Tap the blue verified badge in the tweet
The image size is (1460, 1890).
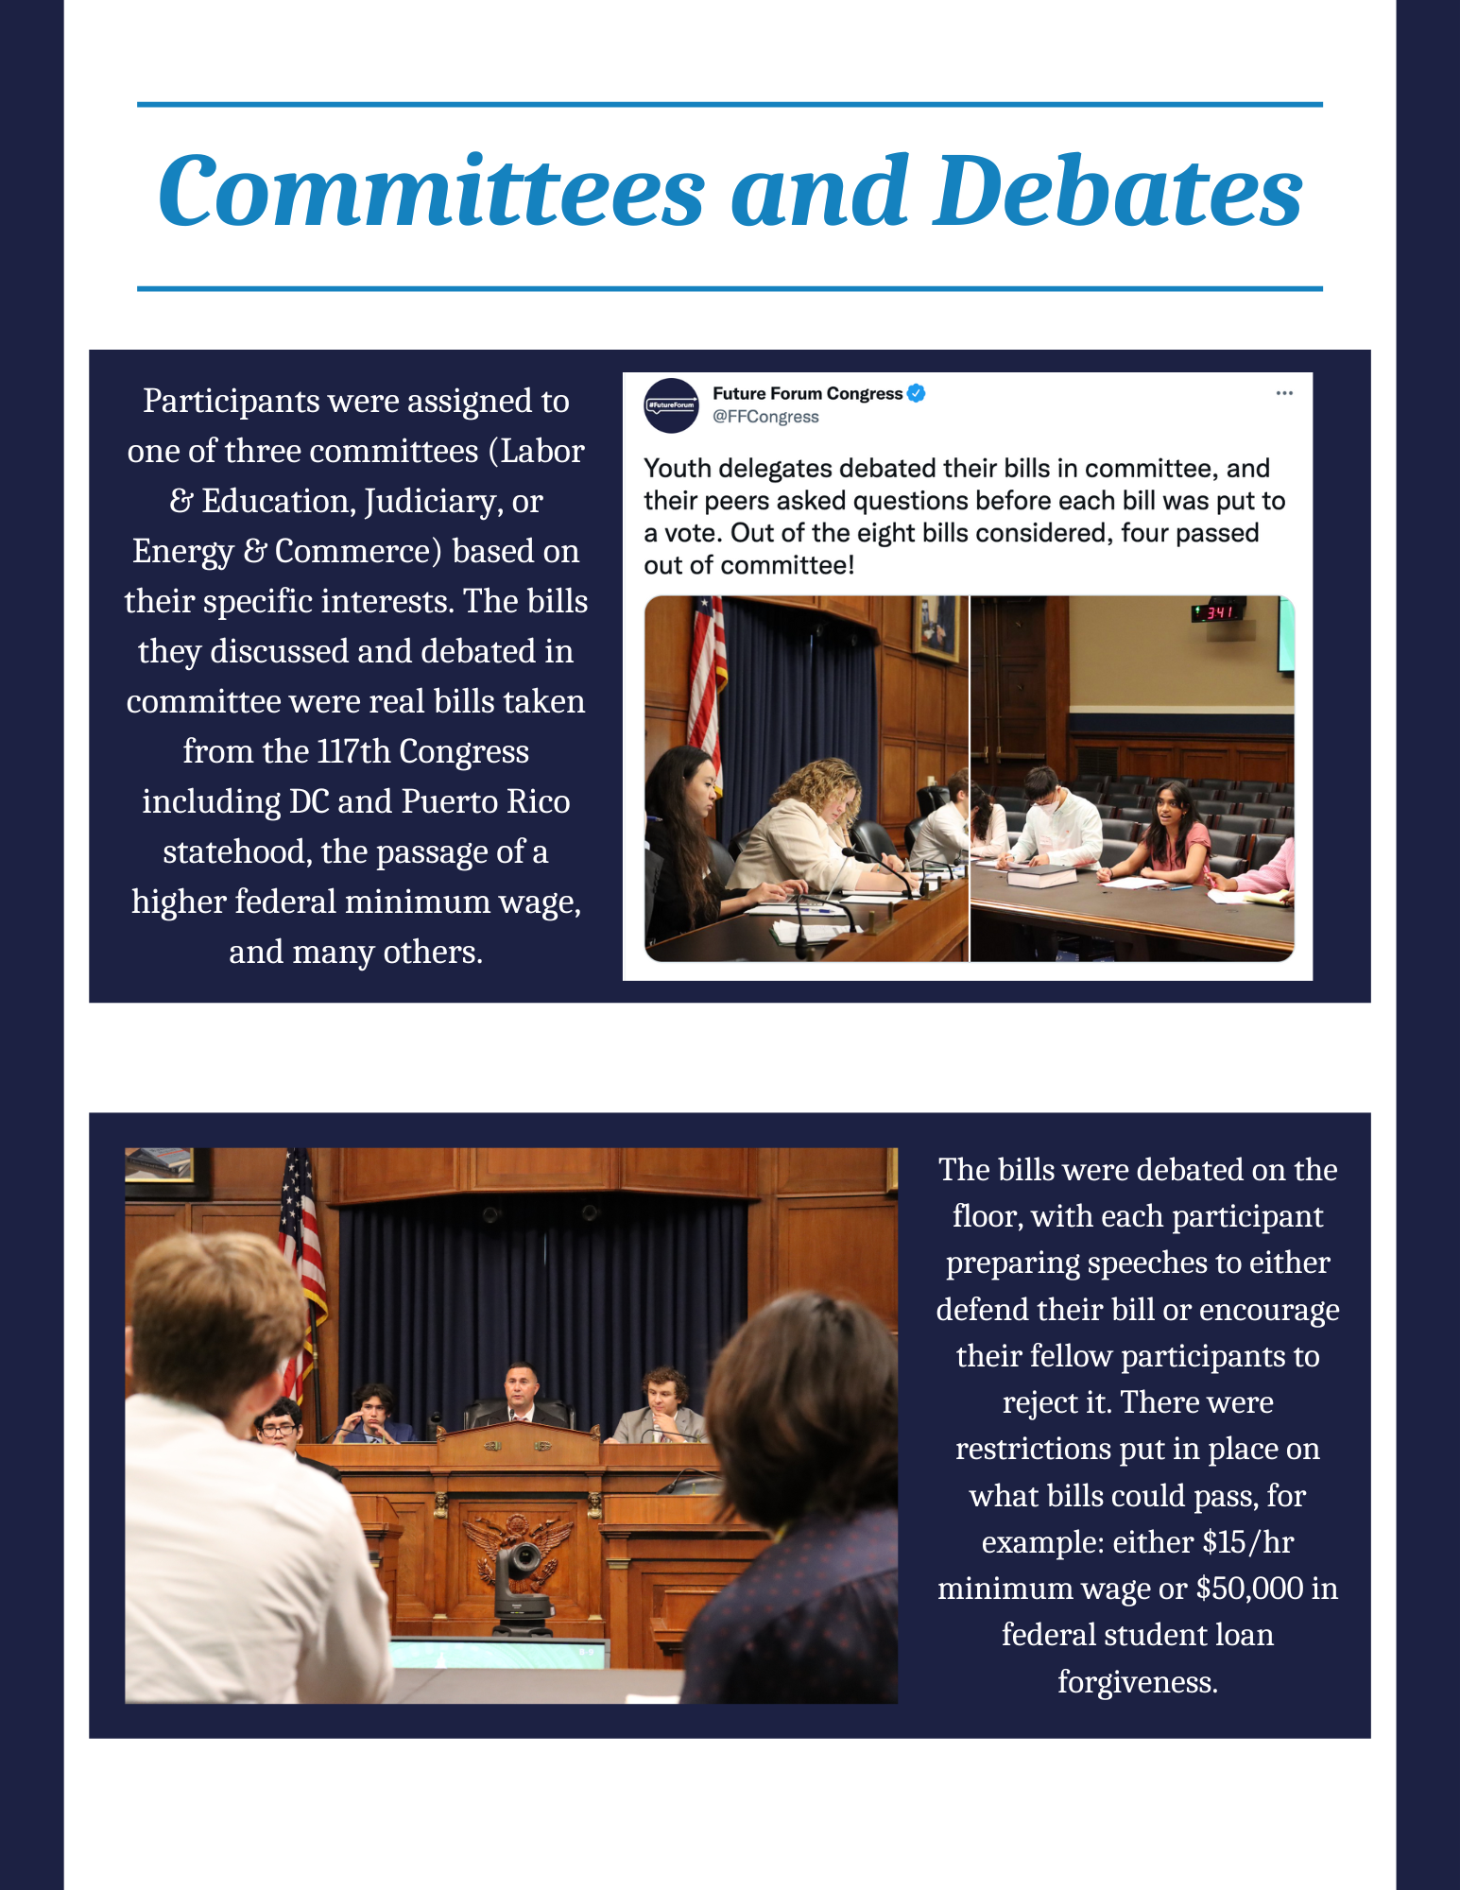[916, 393]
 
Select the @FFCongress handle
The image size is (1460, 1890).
[765, 417]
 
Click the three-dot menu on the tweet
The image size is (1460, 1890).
[1283, 393]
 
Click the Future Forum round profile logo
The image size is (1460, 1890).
[671, 405]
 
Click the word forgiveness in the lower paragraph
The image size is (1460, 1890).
[1137, 1682]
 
